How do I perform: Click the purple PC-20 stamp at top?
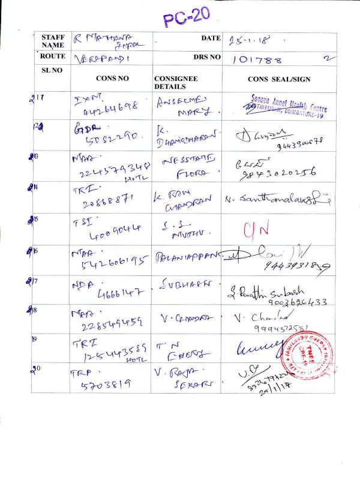tap(187, 16)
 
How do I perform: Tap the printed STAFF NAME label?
tap(53, 41)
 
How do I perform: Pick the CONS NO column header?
tap(112, 79)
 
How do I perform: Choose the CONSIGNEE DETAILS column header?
tap(176, 83)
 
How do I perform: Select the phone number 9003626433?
tap(293, 302)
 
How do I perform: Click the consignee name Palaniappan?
tap(187, 257)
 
